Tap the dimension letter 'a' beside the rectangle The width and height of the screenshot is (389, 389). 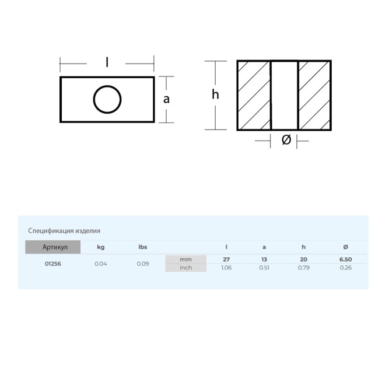[x=166, y=99]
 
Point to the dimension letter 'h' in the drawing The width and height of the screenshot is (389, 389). [x=215, y=94]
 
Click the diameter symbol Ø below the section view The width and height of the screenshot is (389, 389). [x=286, y=139]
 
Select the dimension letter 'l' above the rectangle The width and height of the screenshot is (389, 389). [x=107, y=62]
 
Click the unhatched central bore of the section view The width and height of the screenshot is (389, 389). [x=284, y=95]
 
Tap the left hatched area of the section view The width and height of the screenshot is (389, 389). [x=254, y=95]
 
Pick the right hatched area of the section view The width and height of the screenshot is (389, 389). [x=314, y=95]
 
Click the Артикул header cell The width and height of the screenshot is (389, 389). [x=53, y=247]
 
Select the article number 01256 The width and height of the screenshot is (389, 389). [x=53, y=264]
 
